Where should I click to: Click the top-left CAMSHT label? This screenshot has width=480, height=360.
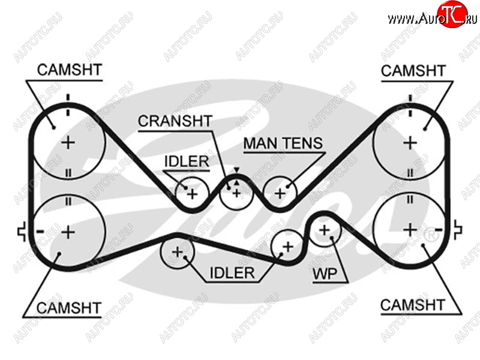coord(69,70)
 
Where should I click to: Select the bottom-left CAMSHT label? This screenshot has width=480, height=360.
coord(69,309)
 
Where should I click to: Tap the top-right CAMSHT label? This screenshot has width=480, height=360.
coord(413,71)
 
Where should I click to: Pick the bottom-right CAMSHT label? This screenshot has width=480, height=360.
coord(413,305)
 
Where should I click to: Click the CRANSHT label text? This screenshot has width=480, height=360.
coord(175,121)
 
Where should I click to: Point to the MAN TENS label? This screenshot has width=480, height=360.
coord(283,144)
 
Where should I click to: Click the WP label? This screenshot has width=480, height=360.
coord(323,275)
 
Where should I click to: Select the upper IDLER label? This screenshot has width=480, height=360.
coord(186,161)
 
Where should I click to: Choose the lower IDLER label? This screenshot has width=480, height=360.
coord(232,274)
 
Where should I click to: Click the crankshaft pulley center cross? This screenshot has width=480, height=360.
coord(236,193)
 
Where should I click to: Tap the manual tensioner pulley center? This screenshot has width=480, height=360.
coord(280,193)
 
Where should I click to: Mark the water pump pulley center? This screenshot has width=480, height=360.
coord(325,230)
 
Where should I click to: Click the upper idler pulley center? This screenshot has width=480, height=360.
coord(191,194)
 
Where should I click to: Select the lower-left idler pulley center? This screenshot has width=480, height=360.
coord(177,252)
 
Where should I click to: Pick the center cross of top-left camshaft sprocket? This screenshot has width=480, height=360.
coord(68,143)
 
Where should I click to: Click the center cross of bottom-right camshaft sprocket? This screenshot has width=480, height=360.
coord(410,230)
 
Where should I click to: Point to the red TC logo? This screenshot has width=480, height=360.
coord(452,14)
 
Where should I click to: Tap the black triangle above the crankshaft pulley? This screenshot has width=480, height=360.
coord(236,171)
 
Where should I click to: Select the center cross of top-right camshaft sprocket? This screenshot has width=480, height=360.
coord(410,143)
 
